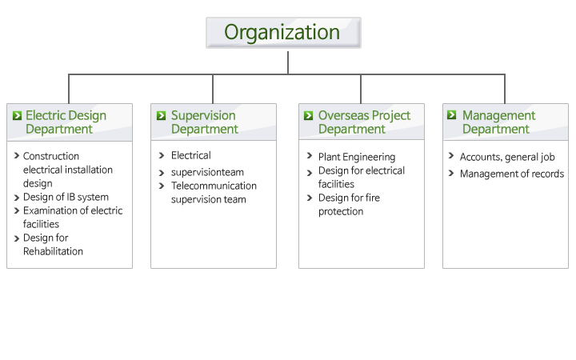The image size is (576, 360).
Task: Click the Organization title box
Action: pyautogui.click(x=283, y=32)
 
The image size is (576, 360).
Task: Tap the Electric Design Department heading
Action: pyautogui.click(x=66, y=122)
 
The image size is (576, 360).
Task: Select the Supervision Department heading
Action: pyautogui.click(x=205, y=122)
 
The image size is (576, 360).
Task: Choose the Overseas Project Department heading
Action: pyautogui.click(x=364, y=122)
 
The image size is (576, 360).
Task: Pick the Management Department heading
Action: pyautogui.click(x=498, y=122)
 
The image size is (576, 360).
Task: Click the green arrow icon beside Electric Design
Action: pyautogui.click(x=17, y=116)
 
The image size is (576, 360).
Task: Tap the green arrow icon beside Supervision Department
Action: pyautogui.click(x=161, y=116)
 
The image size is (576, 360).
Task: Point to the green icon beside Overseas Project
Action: pyautogui.click(x=308, y=116)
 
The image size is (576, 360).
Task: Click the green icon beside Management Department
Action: pyautogui.click(x=451, y=115)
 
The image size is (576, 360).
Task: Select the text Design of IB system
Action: pyautogui.click(x=66, y=198)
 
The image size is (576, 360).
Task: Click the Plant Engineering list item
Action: pyautogui.click(x=357, y=158)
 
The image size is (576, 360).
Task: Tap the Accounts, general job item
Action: pyautogui.click(x=507, y=158)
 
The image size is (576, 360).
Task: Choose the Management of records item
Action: pyautogui.click(x=512, y=174)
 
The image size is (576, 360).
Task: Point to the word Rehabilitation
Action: pyautogui.click(x=53, y=251)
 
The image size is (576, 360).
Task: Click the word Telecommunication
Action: pyautogui.click(x=214, y=186)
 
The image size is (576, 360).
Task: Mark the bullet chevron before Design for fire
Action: pyautogui.click(x=310, y=198)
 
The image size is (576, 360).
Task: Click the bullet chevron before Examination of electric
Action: pyautogui.click(x=17, y=211)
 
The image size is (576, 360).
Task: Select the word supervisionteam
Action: pyautogui.click(x=207, y=173)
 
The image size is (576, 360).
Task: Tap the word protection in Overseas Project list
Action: pyautogui.click(x=341, y=212)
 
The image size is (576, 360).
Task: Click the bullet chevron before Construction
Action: pyautogui.click(x=17, y=156)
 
